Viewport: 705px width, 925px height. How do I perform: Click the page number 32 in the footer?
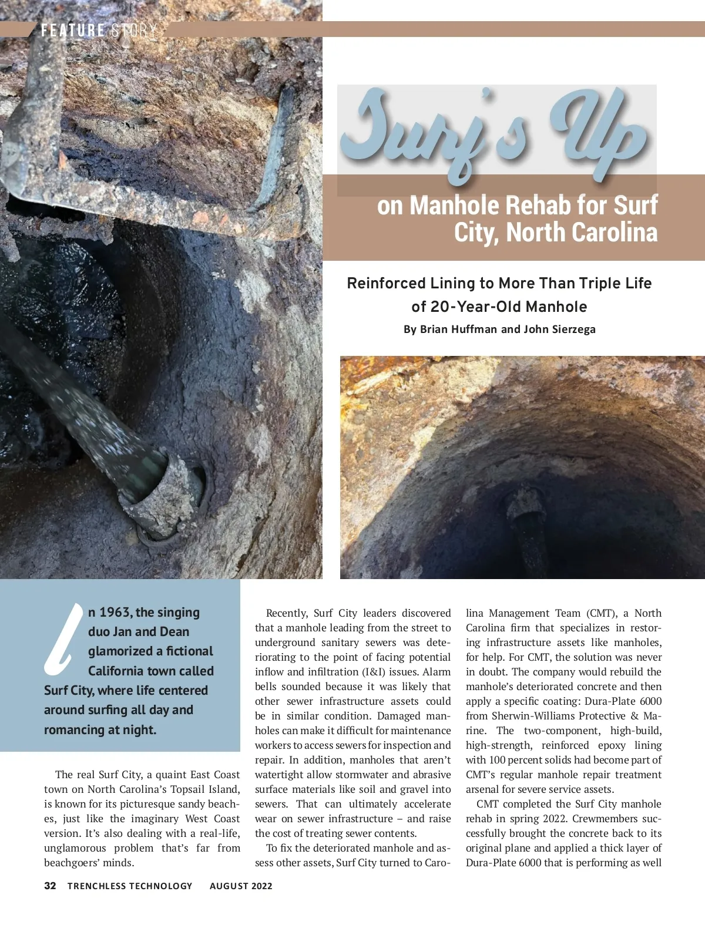(x=50, y=886)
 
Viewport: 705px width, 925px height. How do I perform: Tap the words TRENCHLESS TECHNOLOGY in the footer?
(x=130, y=886)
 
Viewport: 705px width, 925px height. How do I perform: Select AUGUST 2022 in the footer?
(x=241, y=886)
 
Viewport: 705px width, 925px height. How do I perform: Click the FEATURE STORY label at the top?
(x=99, y=31)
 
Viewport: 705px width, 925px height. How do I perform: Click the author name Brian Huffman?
(x=451, y=329)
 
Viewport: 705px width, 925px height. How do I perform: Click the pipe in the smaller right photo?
(x=526, y=517)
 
